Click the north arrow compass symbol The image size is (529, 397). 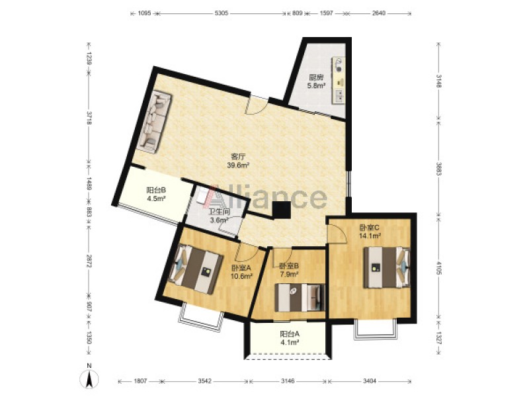89,378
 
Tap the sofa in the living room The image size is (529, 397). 154,122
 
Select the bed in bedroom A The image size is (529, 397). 195,269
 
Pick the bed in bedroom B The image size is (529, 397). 300,297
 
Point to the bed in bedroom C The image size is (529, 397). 387,267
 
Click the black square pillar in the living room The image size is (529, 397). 282,210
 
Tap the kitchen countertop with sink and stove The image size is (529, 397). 339,79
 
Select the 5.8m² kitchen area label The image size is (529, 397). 316,85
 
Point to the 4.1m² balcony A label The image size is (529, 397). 290,342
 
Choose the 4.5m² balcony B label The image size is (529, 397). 156,198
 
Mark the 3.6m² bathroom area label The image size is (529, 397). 220,220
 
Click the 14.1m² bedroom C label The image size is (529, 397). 370,236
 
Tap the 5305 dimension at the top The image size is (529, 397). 222,13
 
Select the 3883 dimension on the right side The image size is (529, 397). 438,169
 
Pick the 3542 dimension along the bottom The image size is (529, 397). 204,381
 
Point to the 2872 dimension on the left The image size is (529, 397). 89,261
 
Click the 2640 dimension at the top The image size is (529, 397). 378,13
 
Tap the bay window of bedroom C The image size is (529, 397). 375,329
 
